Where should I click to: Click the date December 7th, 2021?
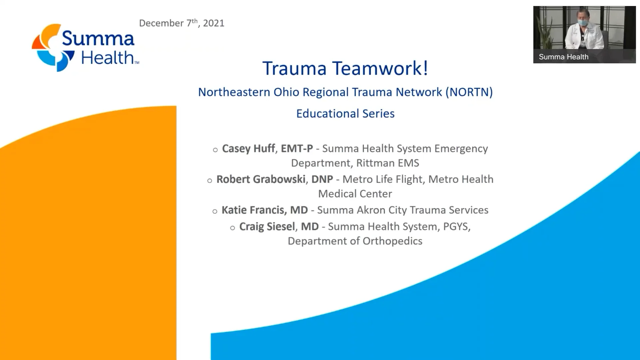pyautogui.click(x=182, y=23)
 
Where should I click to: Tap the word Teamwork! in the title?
pyautogui.click(x=380, y=68)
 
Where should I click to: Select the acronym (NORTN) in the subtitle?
pyautogui.click(x=469, y=92)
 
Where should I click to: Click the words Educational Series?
pyautogui.click(x=345, y=114)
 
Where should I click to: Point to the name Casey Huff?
pyautogui.click(x=248, y=149)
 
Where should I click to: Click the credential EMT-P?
pyautogui.click(x=297, y=149)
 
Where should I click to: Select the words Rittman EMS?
pyautogui.click(x=388, y=163)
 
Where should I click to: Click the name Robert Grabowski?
pyautogui.click(x=261, y=179)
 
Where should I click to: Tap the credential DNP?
pyautogui.click(x=322, y=179)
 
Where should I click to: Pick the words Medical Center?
pyautogui.click(x=355, y=194)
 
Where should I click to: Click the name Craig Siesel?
pyautogui.click(x=267, y=227)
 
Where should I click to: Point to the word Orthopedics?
pyautogui.click(x=392, y=241)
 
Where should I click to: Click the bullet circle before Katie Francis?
pyautogui.click(x=215, y=211)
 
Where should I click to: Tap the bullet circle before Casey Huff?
pyautogui.click(x=215, y=150)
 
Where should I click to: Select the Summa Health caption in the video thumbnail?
pyautogui.click(x=563, y=57)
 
